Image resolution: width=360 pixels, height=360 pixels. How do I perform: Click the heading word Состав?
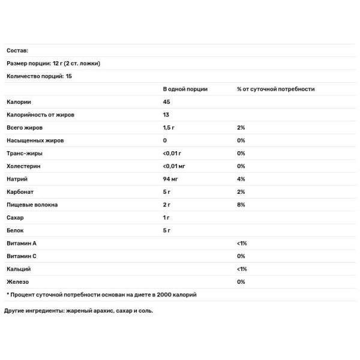[17, 51]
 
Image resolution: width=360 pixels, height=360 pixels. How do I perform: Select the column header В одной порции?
[185, 89]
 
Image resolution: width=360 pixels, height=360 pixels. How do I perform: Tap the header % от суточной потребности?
[275, 89]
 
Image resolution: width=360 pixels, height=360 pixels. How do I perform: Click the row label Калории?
[19, 102]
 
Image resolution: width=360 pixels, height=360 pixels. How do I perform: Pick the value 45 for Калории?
[166, 102]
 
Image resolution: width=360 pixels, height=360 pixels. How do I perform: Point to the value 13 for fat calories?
[166, 115]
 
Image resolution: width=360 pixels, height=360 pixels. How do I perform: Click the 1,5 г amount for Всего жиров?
[169, 128]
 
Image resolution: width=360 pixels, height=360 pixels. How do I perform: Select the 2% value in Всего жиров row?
[241, 128]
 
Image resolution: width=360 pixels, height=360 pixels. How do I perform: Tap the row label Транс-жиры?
[25, 154]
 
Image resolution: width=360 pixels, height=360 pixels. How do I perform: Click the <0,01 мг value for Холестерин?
[174, 166]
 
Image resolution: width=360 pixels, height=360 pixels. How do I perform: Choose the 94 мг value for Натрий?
[170, 179]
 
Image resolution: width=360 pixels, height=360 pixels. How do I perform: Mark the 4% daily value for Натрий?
[241, 179]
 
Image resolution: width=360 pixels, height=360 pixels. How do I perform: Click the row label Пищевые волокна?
[32, 205]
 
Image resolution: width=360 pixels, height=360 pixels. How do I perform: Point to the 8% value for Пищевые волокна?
[241, 205]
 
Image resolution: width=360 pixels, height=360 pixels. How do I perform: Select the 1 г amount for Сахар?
[167, 218]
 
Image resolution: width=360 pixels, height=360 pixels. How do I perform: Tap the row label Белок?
[15, 230]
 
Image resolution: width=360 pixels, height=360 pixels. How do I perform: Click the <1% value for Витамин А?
[242, 244]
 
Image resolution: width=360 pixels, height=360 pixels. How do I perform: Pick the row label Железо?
[17, 281]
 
